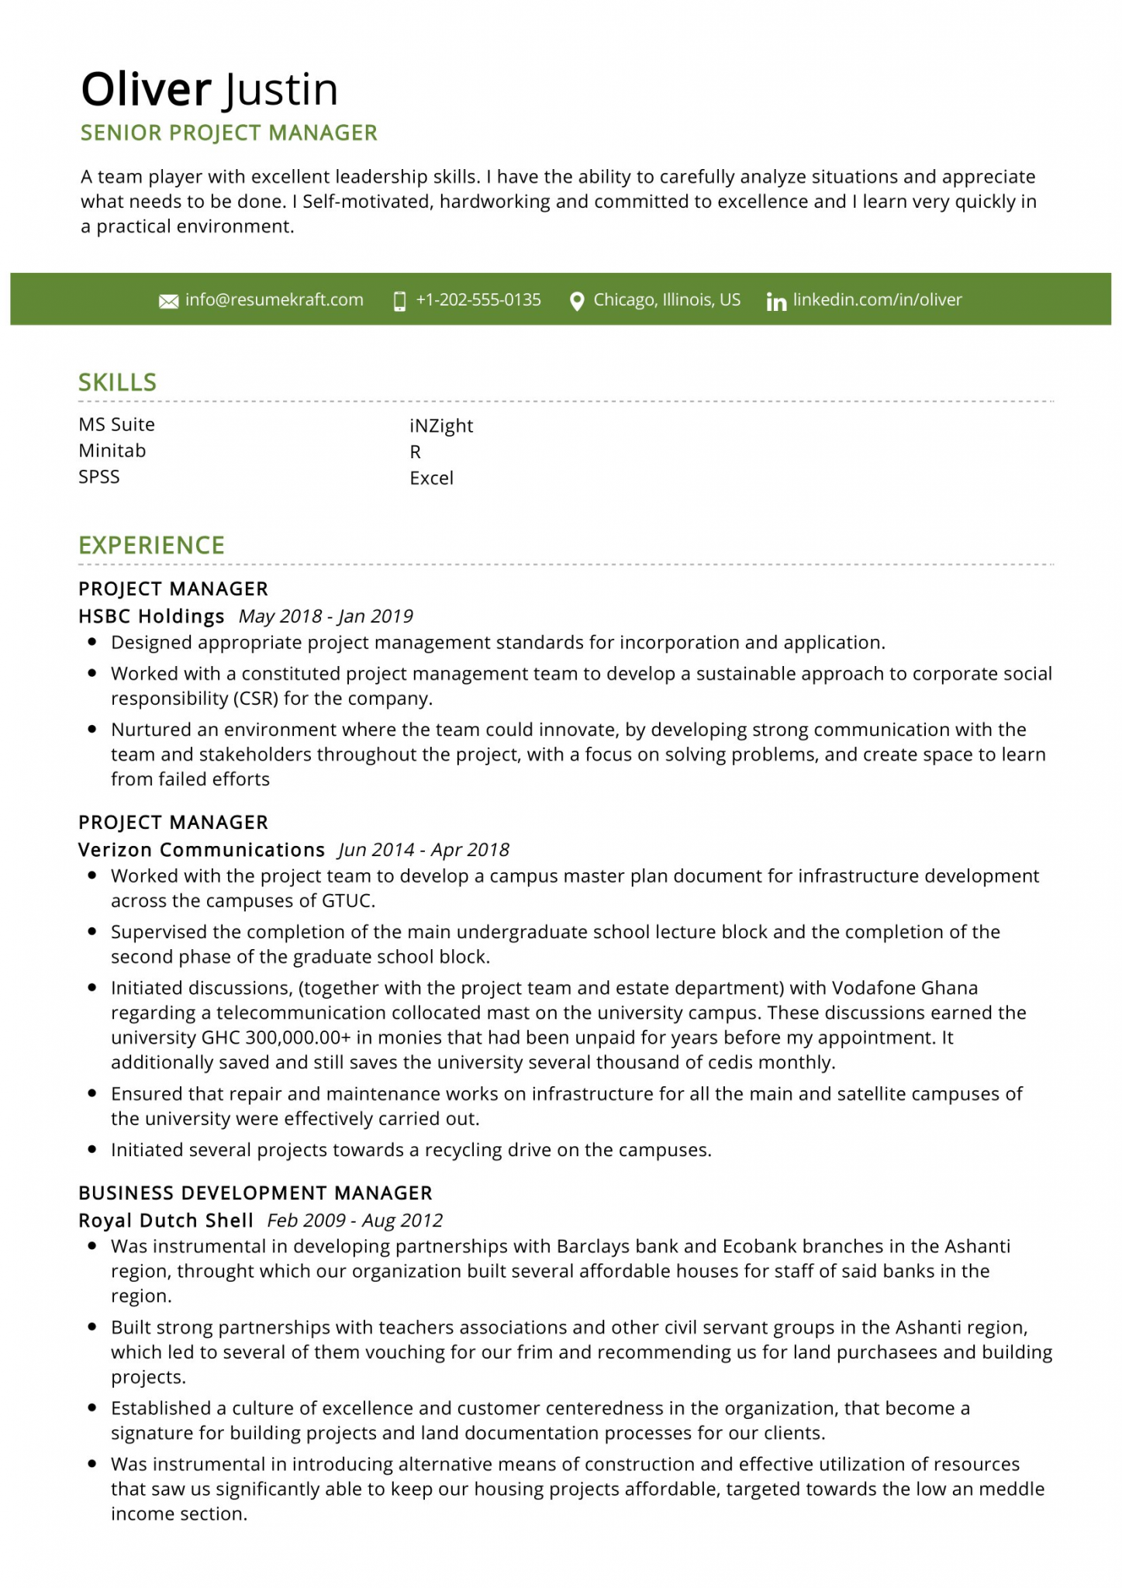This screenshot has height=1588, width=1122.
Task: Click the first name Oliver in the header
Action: point(146,89)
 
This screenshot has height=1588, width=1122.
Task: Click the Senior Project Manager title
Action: point(229,133)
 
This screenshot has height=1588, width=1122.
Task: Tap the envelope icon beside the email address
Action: point(168,301)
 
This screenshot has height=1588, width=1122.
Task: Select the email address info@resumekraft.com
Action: point(274,300)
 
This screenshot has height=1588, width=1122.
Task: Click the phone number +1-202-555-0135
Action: point(478,300)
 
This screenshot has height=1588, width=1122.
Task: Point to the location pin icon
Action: point(576,301)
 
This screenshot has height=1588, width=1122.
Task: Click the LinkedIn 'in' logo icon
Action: point(775,302)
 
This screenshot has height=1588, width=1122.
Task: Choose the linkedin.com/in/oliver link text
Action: point(877,300)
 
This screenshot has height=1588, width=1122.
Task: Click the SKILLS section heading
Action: point(117,382)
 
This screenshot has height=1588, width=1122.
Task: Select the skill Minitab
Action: point(112,451)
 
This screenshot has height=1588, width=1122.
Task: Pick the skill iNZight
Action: point(441,426)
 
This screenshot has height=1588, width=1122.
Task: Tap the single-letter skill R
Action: point(415,452)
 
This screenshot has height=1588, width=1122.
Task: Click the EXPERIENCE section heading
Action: point(151,545)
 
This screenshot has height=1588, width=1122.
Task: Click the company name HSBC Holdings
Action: point(151,616)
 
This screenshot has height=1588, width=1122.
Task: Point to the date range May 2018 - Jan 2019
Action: point(326,616)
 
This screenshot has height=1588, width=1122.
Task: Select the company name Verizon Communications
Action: point(202,850)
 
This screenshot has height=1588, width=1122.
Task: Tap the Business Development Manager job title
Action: point(255,1193)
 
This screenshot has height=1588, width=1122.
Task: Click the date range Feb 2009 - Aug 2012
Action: point(354,1220)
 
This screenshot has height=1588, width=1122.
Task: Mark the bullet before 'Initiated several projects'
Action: point(92,1150)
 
